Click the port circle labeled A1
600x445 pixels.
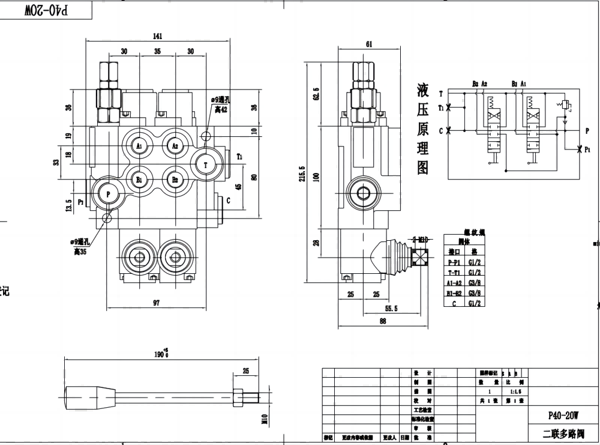[139, 145]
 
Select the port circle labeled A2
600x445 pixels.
[175, 145]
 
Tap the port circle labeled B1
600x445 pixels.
[139, 178]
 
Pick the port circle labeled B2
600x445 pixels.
[175, 178]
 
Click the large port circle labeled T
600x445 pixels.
[206, 164]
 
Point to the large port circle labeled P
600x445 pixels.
[108, 193]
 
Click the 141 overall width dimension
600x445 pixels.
[157, 36]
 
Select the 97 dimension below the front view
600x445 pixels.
[156, 303]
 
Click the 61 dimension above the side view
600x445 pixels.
[368, 44]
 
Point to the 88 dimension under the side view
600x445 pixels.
[383, 321]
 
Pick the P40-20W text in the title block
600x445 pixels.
[563, 414]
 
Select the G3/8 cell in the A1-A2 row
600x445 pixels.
[475, 283]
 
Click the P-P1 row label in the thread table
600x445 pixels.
[454, 262]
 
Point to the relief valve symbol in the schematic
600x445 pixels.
[564, 107]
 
